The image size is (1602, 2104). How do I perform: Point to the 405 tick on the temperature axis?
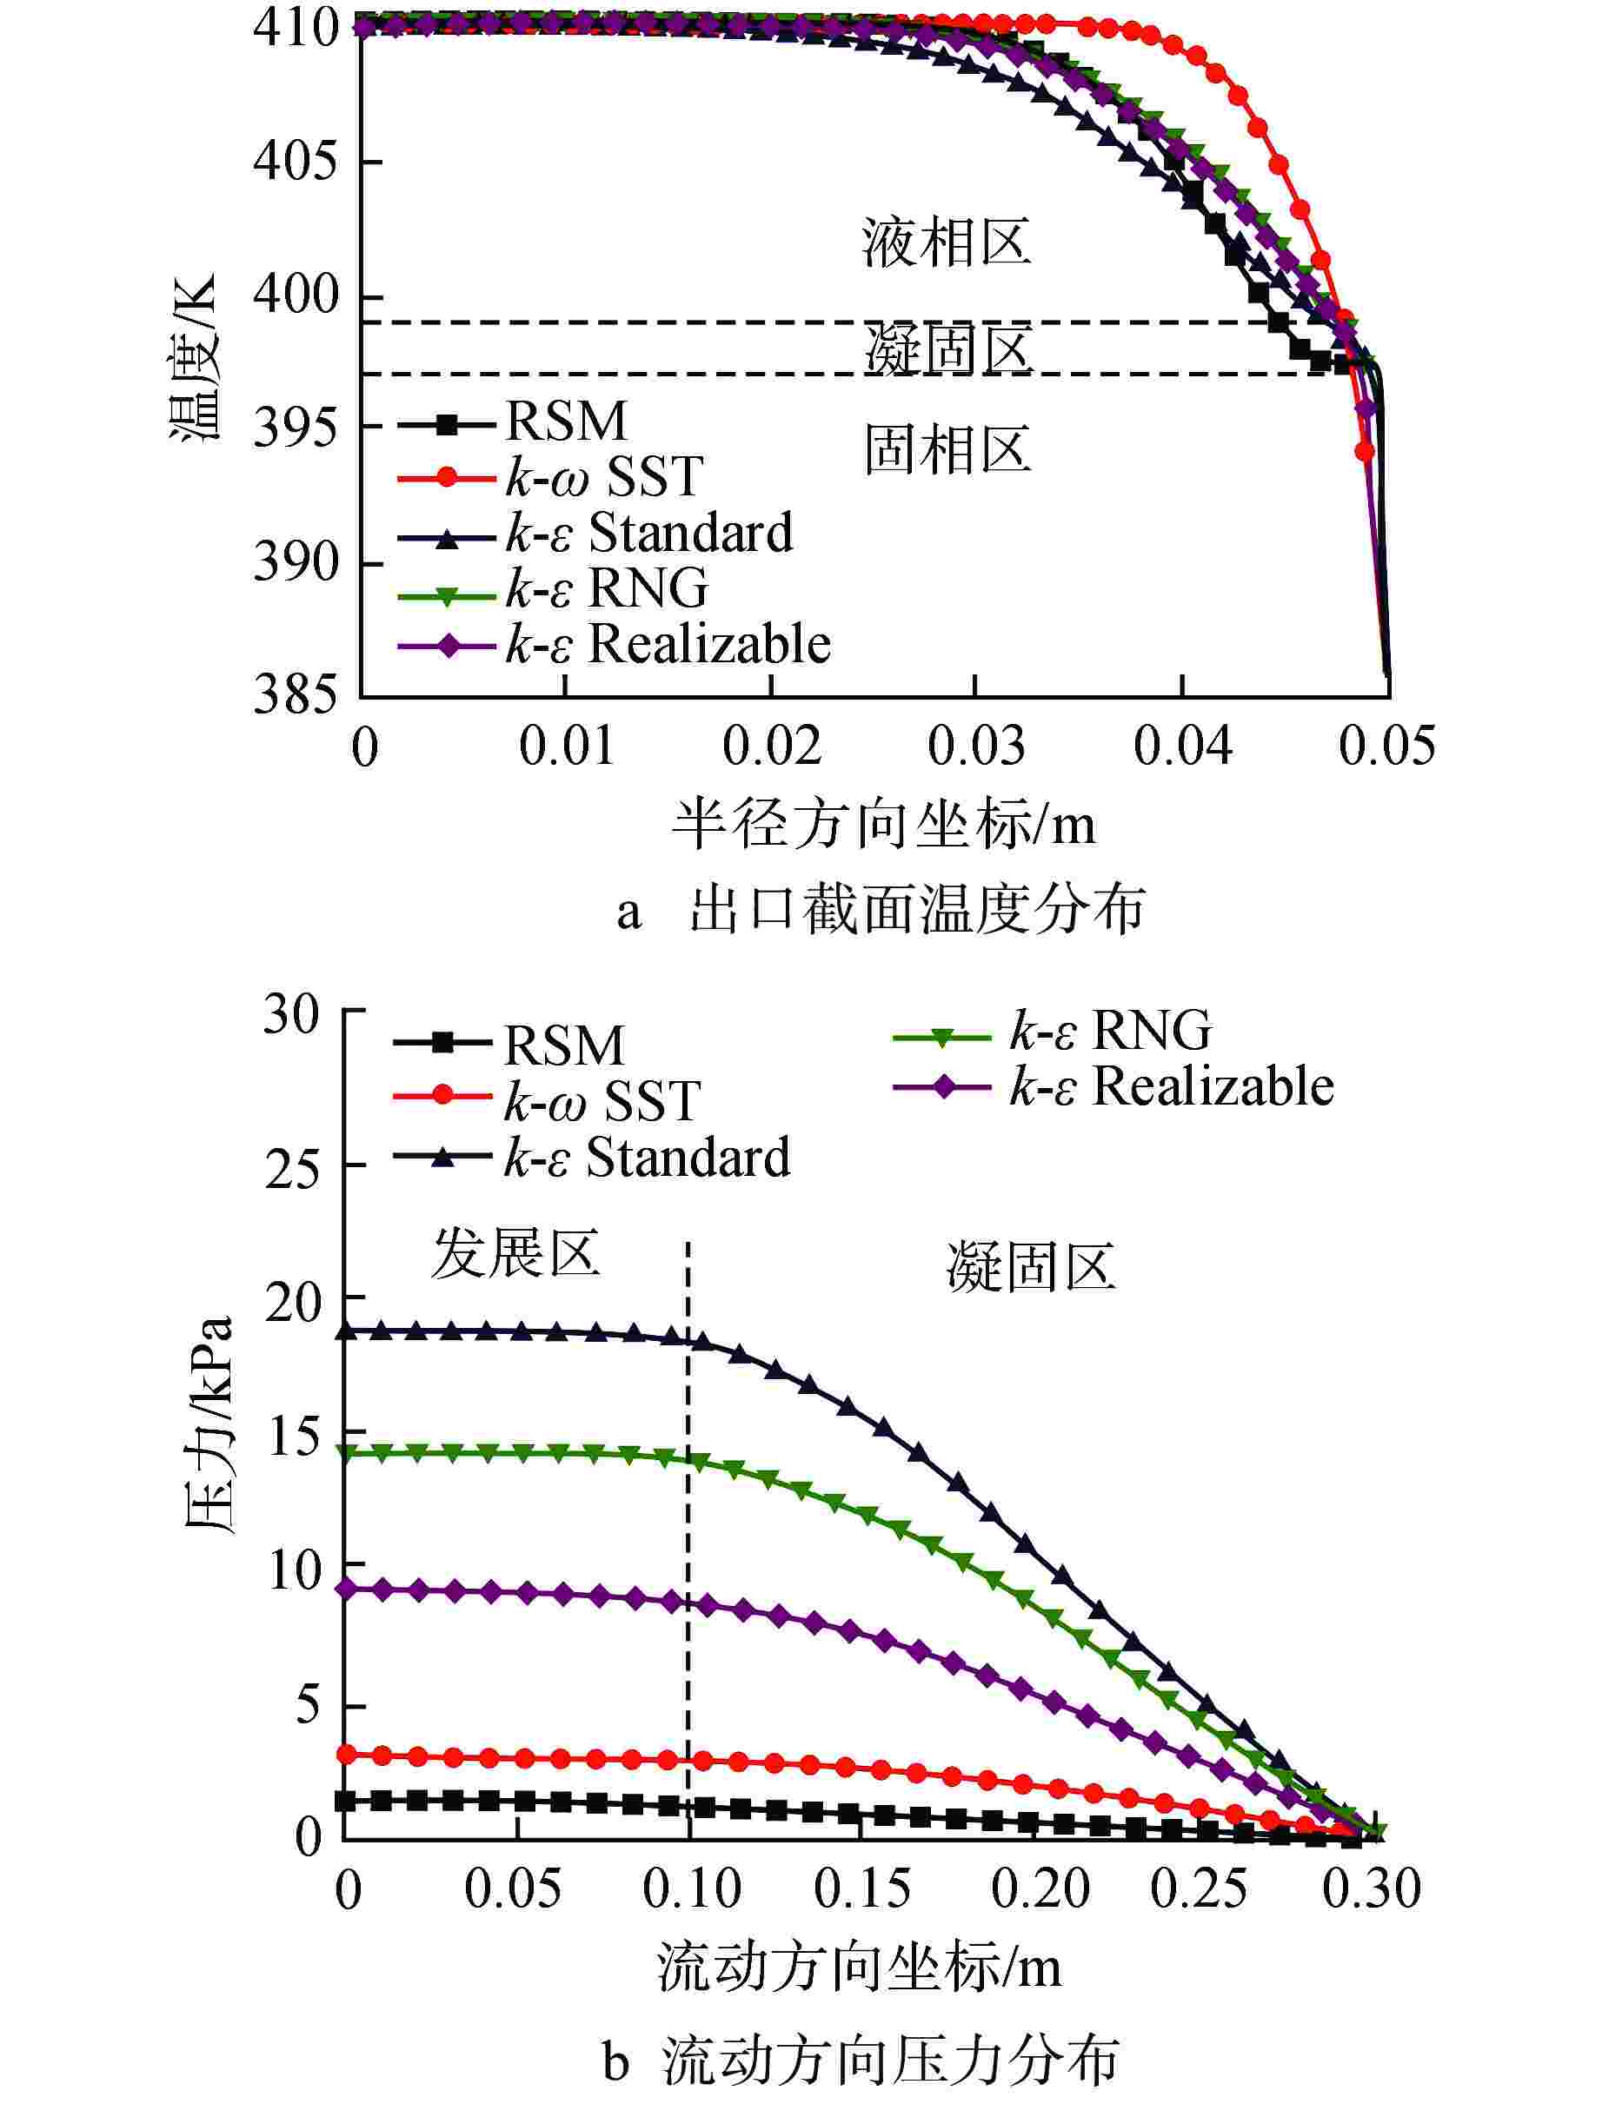(296, 161)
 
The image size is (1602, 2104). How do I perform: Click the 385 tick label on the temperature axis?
(296, 695)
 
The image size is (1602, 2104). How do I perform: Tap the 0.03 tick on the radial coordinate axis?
(975, 747)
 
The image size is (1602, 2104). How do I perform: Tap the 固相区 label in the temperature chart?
(947, 450)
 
